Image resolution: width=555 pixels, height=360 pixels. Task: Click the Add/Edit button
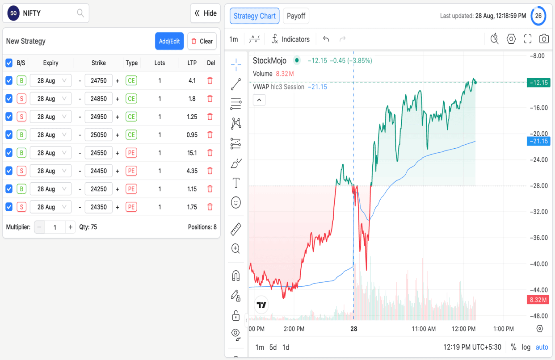(x=169, y=41)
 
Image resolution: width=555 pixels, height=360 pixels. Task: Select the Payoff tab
(x=296, y=16)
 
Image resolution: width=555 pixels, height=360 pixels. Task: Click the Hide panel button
(x=206, y=13)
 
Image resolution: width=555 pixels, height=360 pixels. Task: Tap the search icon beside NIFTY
(x=80, y=13)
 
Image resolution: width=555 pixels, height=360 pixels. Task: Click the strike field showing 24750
(x=98, y=81)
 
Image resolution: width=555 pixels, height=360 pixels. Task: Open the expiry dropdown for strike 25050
(x=50, y=135)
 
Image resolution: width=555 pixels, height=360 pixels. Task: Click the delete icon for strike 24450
(x=210, y=171)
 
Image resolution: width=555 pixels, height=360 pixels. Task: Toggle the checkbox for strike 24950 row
(x=9, y=117)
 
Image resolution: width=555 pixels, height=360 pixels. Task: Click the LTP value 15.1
(x=192, y=153)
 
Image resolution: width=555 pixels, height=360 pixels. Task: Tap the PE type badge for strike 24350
(x=131, y=207)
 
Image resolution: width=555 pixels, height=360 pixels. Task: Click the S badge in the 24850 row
(x=21, y=99)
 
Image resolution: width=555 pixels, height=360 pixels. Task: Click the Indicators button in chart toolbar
(x=290, y=39)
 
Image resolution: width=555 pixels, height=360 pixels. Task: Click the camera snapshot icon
(x=544, y=39)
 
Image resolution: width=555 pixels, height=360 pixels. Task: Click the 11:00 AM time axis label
(x=424, y=329)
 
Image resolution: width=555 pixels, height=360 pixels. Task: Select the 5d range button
(x=273, y=347)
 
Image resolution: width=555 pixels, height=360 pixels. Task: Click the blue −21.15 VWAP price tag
(x=538, y=141)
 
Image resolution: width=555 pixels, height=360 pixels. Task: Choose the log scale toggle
(x=526, y=347)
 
